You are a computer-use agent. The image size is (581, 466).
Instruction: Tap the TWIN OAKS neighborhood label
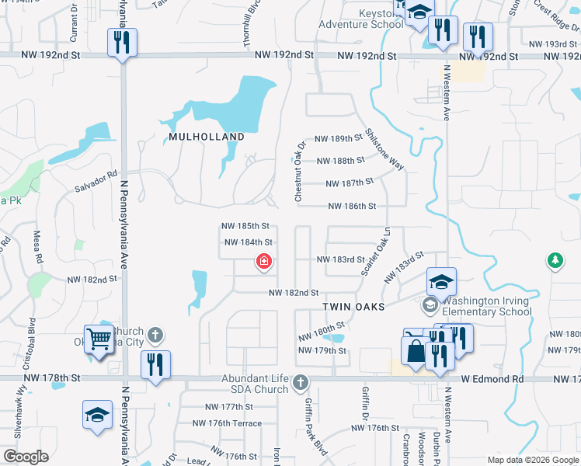[x=354, y=307]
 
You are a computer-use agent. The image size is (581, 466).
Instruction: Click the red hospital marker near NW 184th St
[x=264, y=262]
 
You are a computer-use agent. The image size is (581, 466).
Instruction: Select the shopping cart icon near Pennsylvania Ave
[x=99, y=339]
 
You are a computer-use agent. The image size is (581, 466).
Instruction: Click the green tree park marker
[x=555, y=259]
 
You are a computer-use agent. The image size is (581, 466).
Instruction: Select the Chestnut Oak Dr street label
[x=300, y=172]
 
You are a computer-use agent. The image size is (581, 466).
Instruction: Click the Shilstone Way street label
[x=385, y=149]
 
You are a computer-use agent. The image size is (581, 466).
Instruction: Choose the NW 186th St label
[x=352, y=207]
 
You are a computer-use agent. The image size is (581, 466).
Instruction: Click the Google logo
[x=25, y=457]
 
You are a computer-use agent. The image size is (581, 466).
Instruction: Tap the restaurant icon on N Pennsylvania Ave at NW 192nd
[x=122, y=41]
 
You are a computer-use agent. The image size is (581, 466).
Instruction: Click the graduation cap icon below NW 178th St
[x=98, y=414]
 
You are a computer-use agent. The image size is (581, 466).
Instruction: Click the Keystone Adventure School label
[x=360, y=19]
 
